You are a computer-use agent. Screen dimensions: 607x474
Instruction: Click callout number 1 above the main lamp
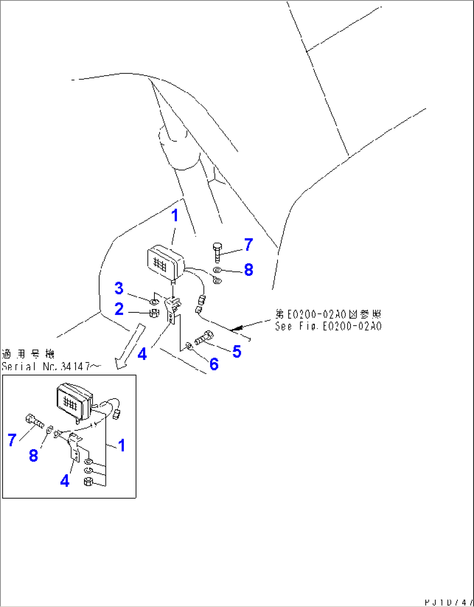pyautogui.click(x=175, y=215)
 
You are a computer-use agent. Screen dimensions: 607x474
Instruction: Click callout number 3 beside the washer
pyautogui.click(x=119, y=288)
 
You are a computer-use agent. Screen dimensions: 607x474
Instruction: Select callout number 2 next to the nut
pyautogui.click(x=119, y=309)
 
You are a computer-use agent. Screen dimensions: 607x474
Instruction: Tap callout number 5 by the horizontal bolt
pyautogui.click(x=237, y=351)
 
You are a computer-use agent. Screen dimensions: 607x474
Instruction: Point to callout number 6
pyautogui.click(x=214, y=364)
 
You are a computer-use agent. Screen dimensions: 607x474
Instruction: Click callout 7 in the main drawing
pyautogui.click(x=248, y=245)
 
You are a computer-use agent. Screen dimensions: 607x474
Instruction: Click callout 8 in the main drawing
pyautogui.click(x=249, y=269)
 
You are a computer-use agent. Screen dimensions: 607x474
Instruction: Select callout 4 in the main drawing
pyautogui.click(x=142, y=354)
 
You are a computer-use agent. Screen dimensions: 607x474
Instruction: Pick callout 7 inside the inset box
pyautogui.click(x=12, y=439)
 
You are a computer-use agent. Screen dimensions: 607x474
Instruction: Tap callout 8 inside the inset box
pyautogui.click(x=33, y=456)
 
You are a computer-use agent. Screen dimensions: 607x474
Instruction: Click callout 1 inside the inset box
pyautogui.click(x=122, y=445)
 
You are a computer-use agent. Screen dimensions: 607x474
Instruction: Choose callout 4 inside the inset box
pyautogui.click(x=65, y=481)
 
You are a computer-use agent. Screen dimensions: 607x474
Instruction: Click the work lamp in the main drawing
pyautogui.click(x=164, y=262)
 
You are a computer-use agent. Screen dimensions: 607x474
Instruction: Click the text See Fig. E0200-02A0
pyautogui.click(x=328, y=326)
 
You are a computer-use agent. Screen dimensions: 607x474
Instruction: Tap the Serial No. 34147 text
pyautogui.click(x=45, y=366)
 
